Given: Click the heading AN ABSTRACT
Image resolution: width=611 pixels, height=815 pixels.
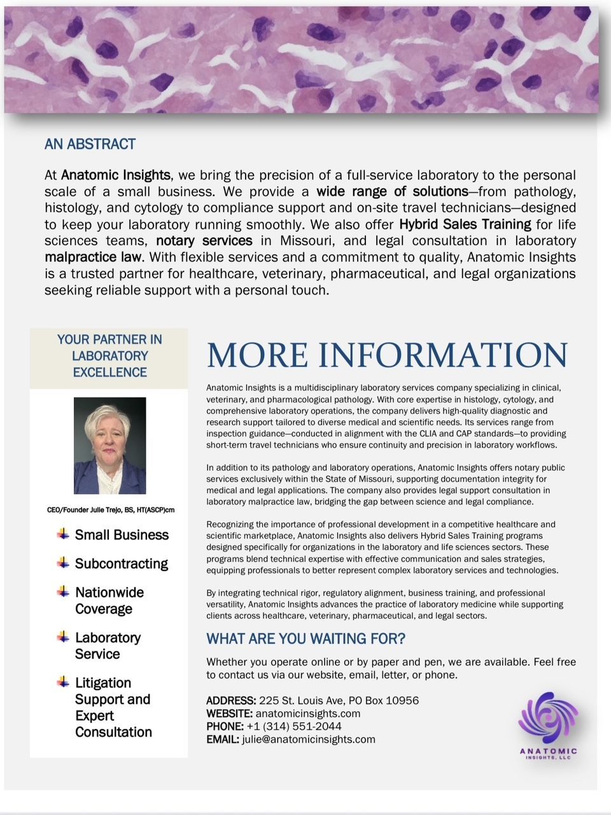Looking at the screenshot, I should [x=90, y=145].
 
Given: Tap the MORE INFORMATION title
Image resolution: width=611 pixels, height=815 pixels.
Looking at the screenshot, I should [x=387, y=355].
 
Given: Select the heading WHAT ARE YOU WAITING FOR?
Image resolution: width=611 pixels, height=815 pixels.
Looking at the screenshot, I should [x=305, y=639].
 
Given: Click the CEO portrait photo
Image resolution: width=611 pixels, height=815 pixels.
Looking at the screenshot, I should [x=109, y=446].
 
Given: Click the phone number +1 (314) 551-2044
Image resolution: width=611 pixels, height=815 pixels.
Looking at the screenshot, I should [x=294, y=726].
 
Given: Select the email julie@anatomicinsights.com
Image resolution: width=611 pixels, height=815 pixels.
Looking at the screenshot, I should [x=309, y=739].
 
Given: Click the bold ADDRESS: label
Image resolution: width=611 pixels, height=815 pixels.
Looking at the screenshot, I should [x=231, y=700].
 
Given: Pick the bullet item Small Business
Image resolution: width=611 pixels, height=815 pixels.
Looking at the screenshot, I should [x=122, y=535].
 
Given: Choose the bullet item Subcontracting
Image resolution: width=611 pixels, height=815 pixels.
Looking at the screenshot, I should [x=121, y=563].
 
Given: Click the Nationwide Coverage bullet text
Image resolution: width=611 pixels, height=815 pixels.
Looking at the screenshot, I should [x=109, y=600].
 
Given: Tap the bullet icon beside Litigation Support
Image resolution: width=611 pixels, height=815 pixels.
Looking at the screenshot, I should [x=63, y=682].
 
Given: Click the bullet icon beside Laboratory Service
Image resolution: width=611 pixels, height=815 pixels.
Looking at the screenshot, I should [x=63, y=637].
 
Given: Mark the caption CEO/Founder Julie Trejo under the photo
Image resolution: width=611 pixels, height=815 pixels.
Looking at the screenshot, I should [x=110, y=510].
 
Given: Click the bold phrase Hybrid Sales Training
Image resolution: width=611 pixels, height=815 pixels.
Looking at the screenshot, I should [x=465, y=224].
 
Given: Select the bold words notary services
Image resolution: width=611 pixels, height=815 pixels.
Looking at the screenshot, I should [x=204, y=241].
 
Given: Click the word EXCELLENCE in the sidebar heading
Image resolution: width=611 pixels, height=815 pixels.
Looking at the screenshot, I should [x=109, y=372].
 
